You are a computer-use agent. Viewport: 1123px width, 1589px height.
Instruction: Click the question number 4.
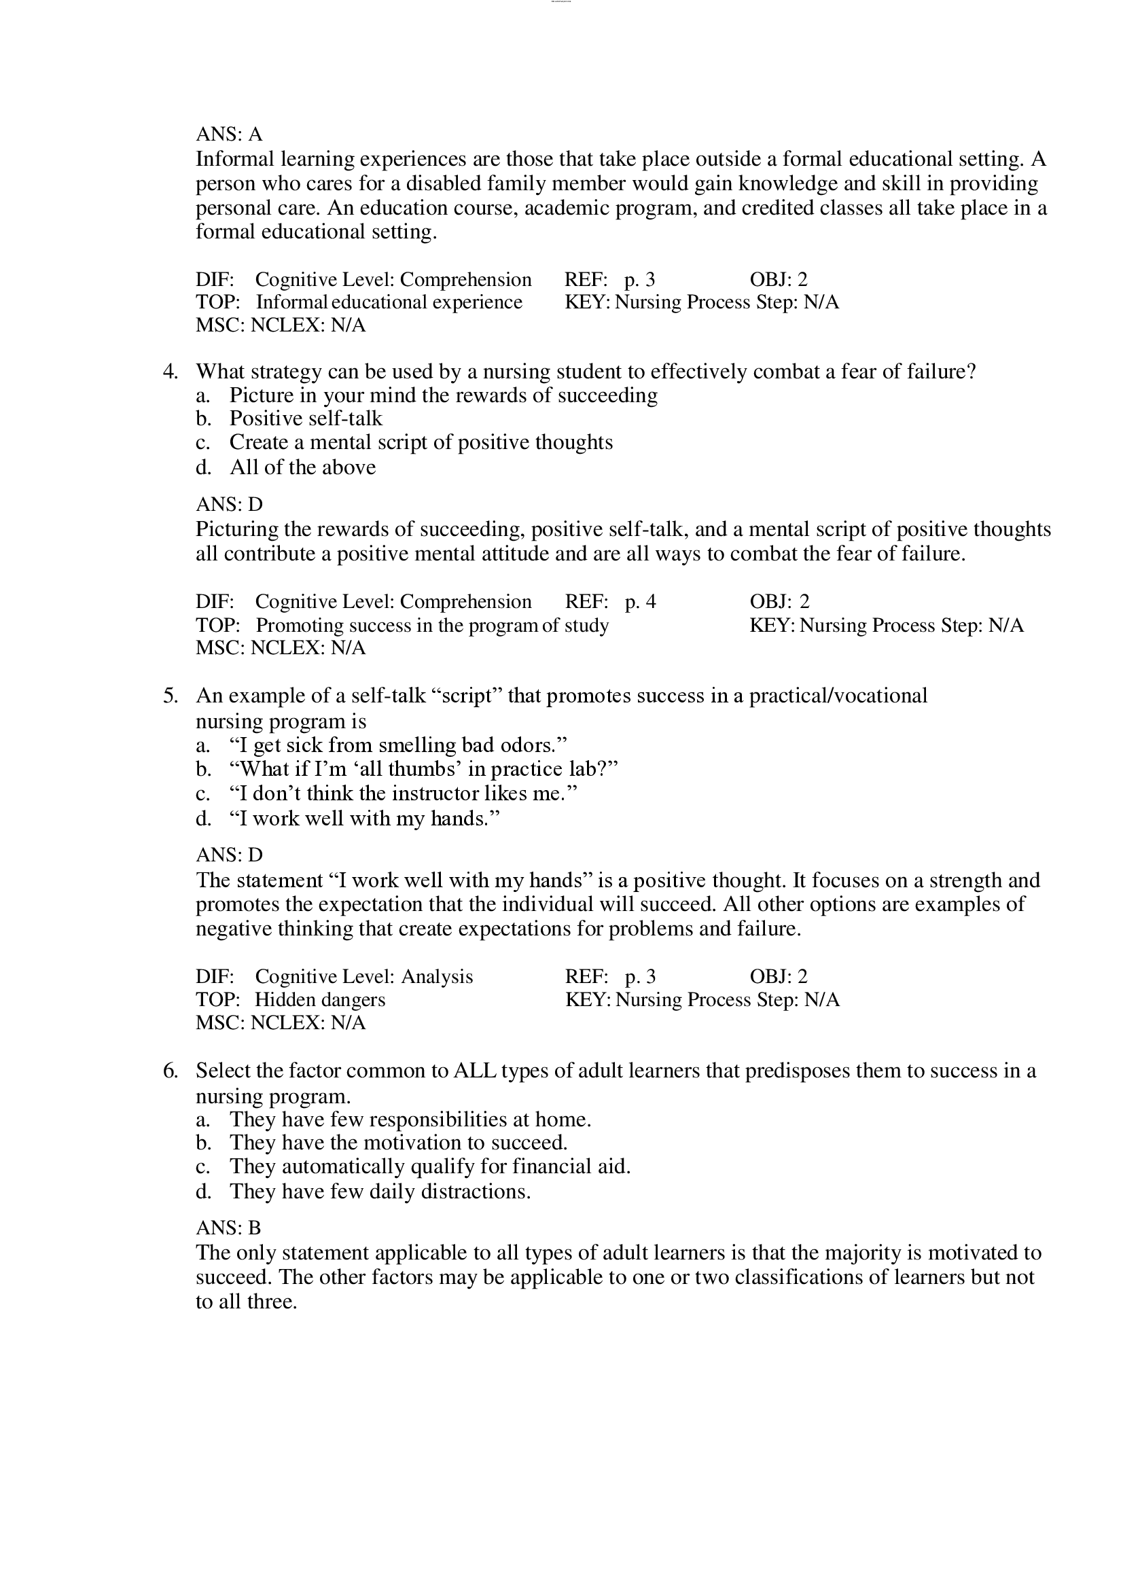point(171,372)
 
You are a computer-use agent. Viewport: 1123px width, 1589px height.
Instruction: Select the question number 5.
point(171,696)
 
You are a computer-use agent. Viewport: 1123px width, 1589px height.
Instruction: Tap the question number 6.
point(171,1071)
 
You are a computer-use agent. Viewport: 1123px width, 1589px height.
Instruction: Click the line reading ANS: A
point(229,134)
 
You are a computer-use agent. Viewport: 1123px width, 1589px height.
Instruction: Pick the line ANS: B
point(228,1228)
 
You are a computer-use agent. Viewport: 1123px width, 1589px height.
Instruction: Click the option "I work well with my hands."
point(364,819)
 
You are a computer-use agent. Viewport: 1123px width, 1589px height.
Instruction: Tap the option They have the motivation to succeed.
point(399,1142)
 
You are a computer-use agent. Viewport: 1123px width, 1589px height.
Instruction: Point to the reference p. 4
point(640,602)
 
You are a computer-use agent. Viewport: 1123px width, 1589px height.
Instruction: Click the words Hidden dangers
point(320,999)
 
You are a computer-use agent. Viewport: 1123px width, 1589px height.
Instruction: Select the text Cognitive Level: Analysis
point(364,976)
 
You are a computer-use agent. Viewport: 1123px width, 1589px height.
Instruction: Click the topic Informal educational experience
point(389,302)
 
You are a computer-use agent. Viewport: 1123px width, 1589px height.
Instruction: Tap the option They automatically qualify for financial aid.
point(429,1166)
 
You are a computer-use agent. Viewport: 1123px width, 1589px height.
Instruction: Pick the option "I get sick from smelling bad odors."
point(398,745)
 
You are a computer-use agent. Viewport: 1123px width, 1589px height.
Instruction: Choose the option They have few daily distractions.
point(380,1191)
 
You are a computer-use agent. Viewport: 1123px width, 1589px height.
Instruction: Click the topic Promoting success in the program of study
point(432,626)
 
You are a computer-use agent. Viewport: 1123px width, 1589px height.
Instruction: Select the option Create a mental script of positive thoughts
point(421,442)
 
